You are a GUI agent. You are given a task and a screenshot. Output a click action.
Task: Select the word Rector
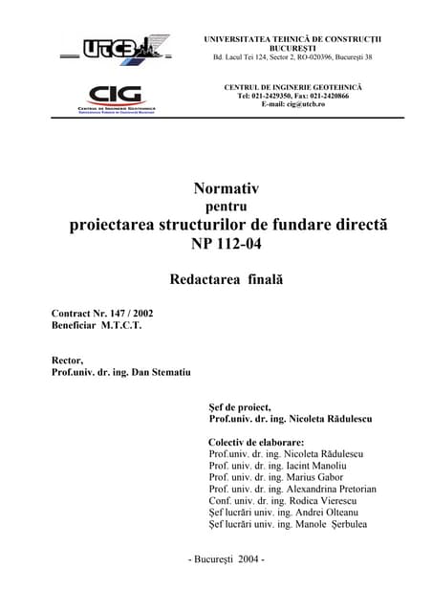pyautogui.click(x=68, y=356)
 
